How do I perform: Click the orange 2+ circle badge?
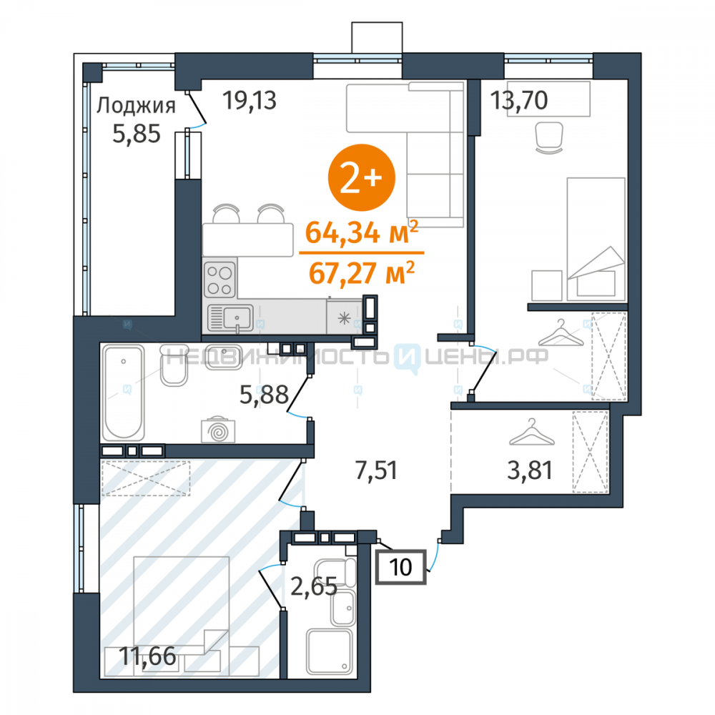tap(362, 177)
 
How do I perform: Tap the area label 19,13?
tap(250, 100)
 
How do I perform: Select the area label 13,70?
tap(519, 100)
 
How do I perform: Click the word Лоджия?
tap(136, 106)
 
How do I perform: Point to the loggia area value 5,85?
tap(137, 134)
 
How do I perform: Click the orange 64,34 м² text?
tap(361, 232)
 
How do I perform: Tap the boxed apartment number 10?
tap(401, 567)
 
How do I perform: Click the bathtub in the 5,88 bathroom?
tap(124, 393)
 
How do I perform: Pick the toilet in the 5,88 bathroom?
tap(174, 365)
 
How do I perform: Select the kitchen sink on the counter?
tap(230, 318)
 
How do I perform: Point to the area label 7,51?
tap(376, 470)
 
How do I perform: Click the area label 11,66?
tap(147, 656)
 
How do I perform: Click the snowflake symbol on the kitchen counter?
tap(344, 318)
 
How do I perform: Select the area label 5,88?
tap(264, 395)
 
